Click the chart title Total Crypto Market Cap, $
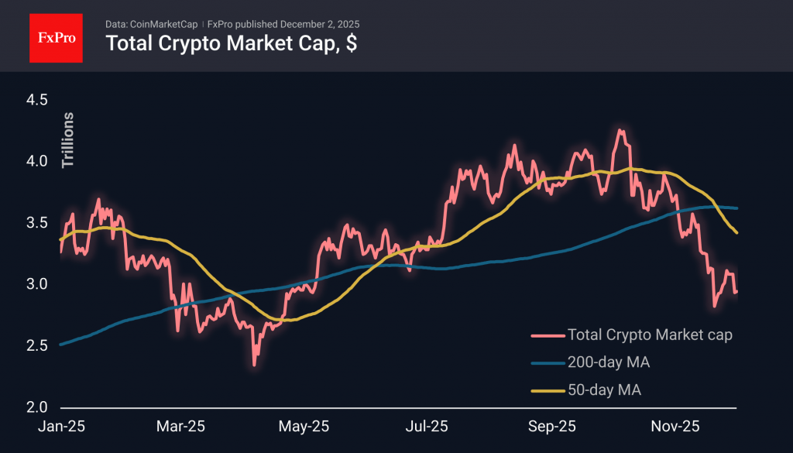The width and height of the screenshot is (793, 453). click(231, 44)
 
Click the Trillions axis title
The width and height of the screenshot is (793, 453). click(68, 140)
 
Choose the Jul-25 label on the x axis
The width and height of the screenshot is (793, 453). click(427, 426)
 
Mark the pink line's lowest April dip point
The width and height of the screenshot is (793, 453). click(254, 365)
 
